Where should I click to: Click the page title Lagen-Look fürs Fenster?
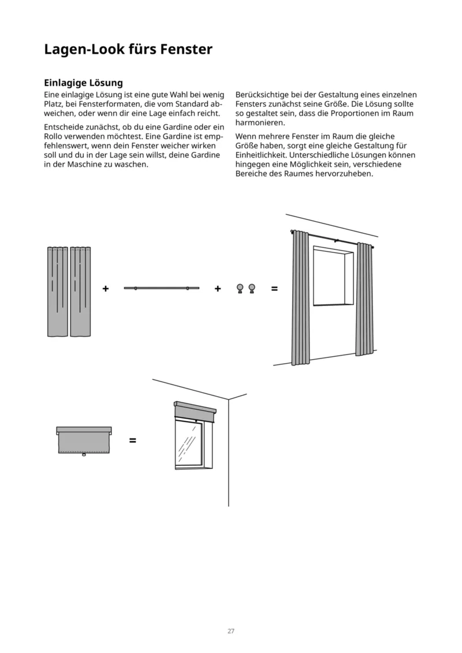[128, 50]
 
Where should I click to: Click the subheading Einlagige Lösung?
[83, 83]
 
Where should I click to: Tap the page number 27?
[230, 631]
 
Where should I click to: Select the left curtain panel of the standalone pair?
[57, 292]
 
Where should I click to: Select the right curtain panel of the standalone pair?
[81, 292]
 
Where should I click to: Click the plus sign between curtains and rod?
[106, 288]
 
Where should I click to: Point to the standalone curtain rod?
[161, 288]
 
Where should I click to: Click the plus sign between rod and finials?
[218, 288]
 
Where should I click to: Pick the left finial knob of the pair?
[240, 288]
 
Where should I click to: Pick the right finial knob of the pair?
[251, 288]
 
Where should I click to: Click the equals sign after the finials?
[274, 288]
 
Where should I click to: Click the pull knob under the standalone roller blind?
[84, 456]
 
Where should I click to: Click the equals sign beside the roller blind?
[133, 441]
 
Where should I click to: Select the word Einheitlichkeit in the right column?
[262, 156]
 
